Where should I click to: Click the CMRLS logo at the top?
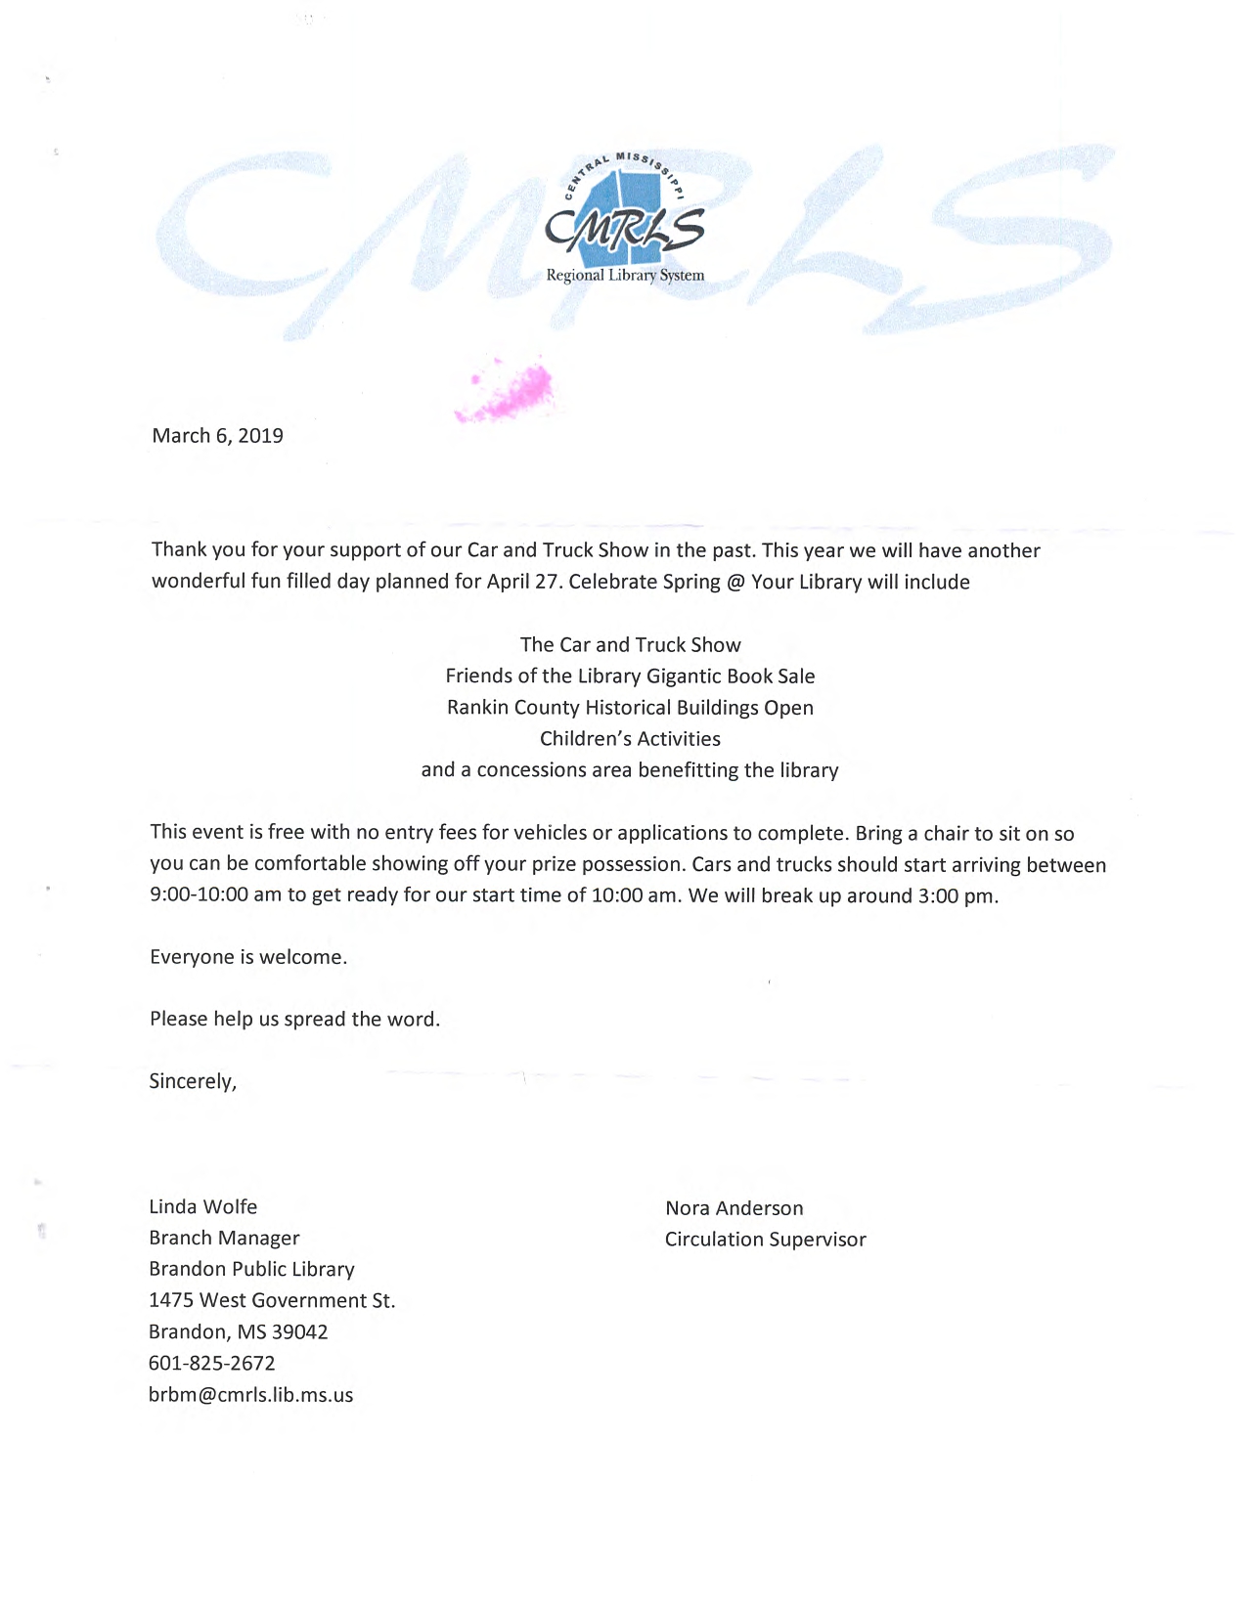pyautogui.click(x=625, y=221)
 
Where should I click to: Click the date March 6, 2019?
pyautogui.click(x=217, y=436)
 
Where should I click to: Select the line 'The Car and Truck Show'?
pyautogui.click(x=630, y=645)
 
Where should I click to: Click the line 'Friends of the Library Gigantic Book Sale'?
pyautogui.click(x=630, y=676)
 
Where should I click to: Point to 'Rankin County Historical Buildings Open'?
pyautogui.click(x=630, y=708)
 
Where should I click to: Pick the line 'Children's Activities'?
pyautogui.click(x=630, y=739)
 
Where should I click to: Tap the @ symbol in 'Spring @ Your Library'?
pyautogui.click(x=735, y=583)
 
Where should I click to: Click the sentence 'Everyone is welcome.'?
pyautogui.click(x=248, y=957)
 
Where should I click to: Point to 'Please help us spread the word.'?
pyautogui.click(x=294, y=1020)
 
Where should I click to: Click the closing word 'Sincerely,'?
pyautogui.click(x=193, y=1081)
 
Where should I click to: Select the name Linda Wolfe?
pyautogui.click(x=202, y=1207)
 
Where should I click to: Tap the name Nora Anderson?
pyautogui.click(x=734, y=1208)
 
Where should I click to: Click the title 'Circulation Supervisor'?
pyautogui.click(x=765, y=1240)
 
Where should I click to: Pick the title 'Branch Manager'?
pyautogui.click(x=224, y=1239)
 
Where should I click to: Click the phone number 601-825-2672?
pyautogui.click(x=211, y=1364)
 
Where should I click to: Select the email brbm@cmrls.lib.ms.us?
pyautogui.click(x=250, y=1395)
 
